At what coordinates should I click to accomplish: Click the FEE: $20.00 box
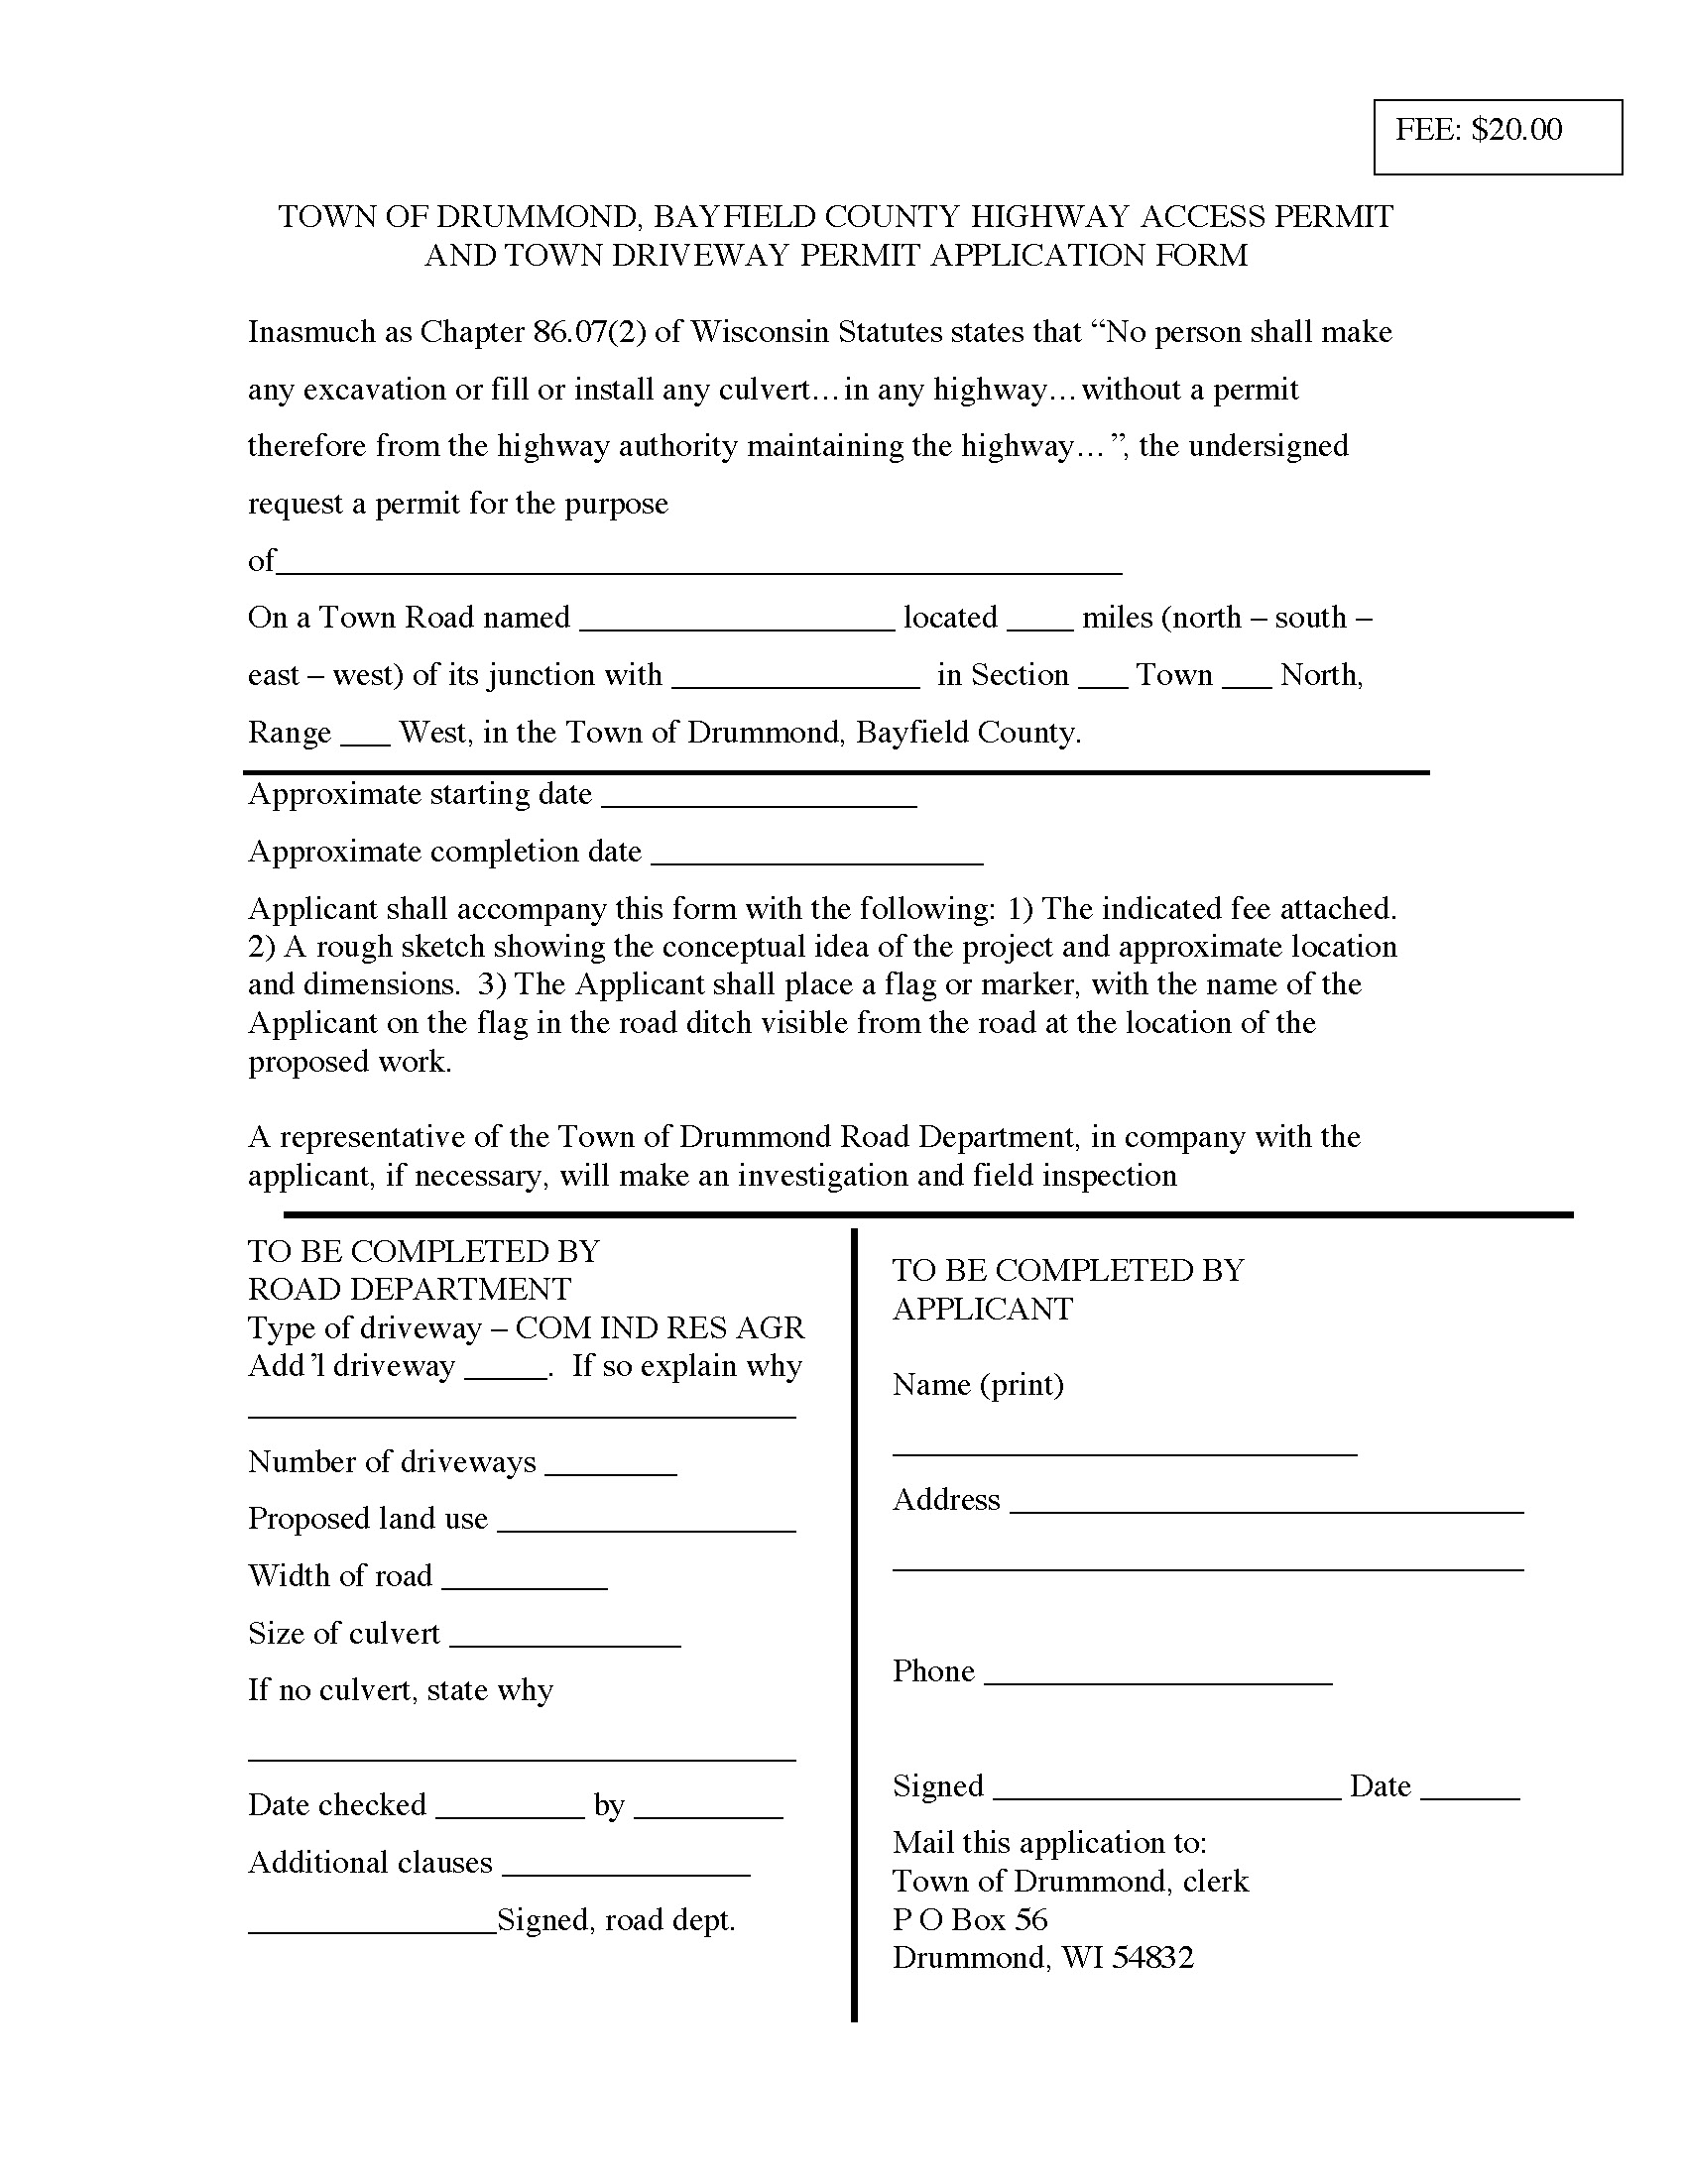[1497, 137]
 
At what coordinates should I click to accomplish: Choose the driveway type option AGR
[769, 1328]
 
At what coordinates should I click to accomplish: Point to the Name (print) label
[978, 1384]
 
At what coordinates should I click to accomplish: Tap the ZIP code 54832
[1152, 1957]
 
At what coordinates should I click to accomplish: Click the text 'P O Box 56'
[970, 1919]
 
